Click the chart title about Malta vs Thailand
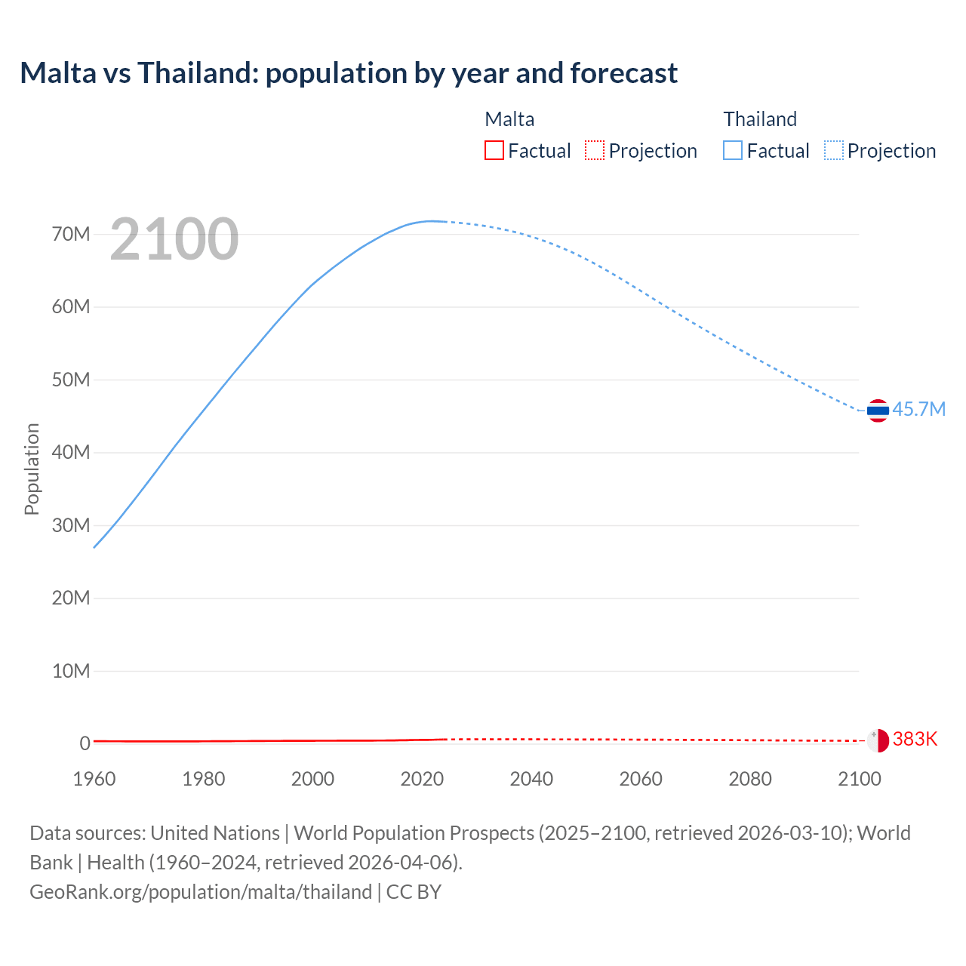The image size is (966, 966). [x=349, y=73]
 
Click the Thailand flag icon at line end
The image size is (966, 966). [x=878, y=411]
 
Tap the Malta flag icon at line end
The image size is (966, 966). [x=878, y=740]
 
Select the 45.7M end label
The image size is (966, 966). [x=918, y=409]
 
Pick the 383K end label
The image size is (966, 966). [x=915, y=739]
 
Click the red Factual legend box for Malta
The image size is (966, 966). [x=494, y=150]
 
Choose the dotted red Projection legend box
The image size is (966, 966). [x=595, y=150]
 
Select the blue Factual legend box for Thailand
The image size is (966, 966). [x=733, y=150]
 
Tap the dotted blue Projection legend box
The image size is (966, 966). [x=834, y=150]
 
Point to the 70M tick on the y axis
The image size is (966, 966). [x=71, y=234]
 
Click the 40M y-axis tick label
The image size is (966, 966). [x=71, y=452]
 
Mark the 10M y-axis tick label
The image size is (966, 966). [x=71, y=671]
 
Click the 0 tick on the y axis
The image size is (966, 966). [x=85, y=743]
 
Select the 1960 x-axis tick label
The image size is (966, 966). [x=94, y=779]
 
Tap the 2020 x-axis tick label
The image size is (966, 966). [x=422, y=779]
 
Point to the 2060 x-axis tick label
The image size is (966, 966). [x=641, y=779]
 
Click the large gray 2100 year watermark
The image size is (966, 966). [x=174, y=239]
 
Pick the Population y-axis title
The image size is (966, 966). [x=32, y=469]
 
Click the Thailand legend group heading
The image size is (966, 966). [x=760, y=119]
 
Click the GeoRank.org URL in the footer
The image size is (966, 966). [x=201, y=892]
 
